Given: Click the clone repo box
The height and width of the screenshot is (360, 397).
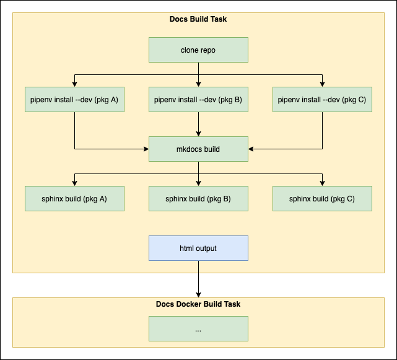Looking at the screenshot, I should click(x=198, y=50).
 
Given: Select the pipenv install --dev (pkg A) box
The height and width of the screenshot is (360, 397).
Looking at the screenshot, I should click(x=74, y=99).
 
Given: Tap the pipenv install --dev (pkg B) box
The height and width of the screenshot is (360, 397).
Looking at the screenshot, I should click(x=198, y=99).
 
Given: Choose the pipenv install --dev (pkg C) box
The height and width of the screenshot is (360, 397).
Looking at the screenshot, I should click(x=322, y=99).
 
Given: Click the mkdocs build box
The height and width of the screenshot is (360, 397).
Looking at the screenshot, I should click(x=198, y=149).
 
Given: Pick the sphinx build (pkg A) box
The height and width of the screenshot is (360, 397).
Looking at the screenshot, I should click(x=74, y=198).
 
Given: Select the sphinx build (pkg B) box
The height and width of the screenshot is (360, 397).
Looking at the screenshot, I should click(x=198, y=198).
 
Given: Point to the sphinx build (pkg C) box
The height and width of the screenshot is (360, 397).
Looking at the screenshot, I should click(x=322, y=198).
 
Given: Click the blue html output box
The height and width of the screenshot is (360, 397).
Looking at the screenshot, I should click(x=198, y=248).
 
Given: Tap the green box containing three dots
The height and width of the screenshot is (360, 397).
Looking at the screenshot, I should click(x=198, y=328).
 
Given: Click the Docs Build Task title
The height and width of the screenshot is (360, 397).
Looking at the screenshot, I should click(x=198, y=19).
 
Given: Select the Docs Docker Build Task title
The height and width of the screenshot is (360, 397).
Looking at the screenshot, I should click(x=198, y=304).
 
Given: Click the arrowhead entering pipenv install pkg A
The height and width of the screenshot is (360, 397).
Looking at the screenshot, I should click(x=74, y=84).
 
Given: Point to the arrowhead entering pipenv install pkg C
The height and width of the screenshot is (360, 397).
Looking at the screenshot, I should click(x=322, y=84).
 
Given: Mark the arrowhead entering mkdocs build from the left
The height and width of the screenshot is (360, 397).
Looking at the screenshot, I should click(x=146, y=149).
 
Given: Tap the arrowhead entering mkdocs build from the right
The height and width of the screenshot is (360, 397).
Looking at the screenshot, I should click(x=251, y=149).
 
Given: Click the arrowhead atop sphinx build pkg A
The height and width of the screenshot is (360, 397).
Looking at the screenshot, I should click(x=74, y=183).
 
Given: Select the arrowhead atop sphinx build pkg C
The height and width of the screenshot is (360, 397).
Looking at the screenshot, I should click(x=322, y=183).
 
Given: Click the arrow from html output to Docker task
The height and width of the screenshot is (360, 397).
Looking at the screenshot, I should click(x=198, y=279).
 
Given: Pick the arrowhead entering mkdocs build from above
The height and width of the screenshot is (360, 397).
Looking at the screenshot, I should click(x=198, y=133).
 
